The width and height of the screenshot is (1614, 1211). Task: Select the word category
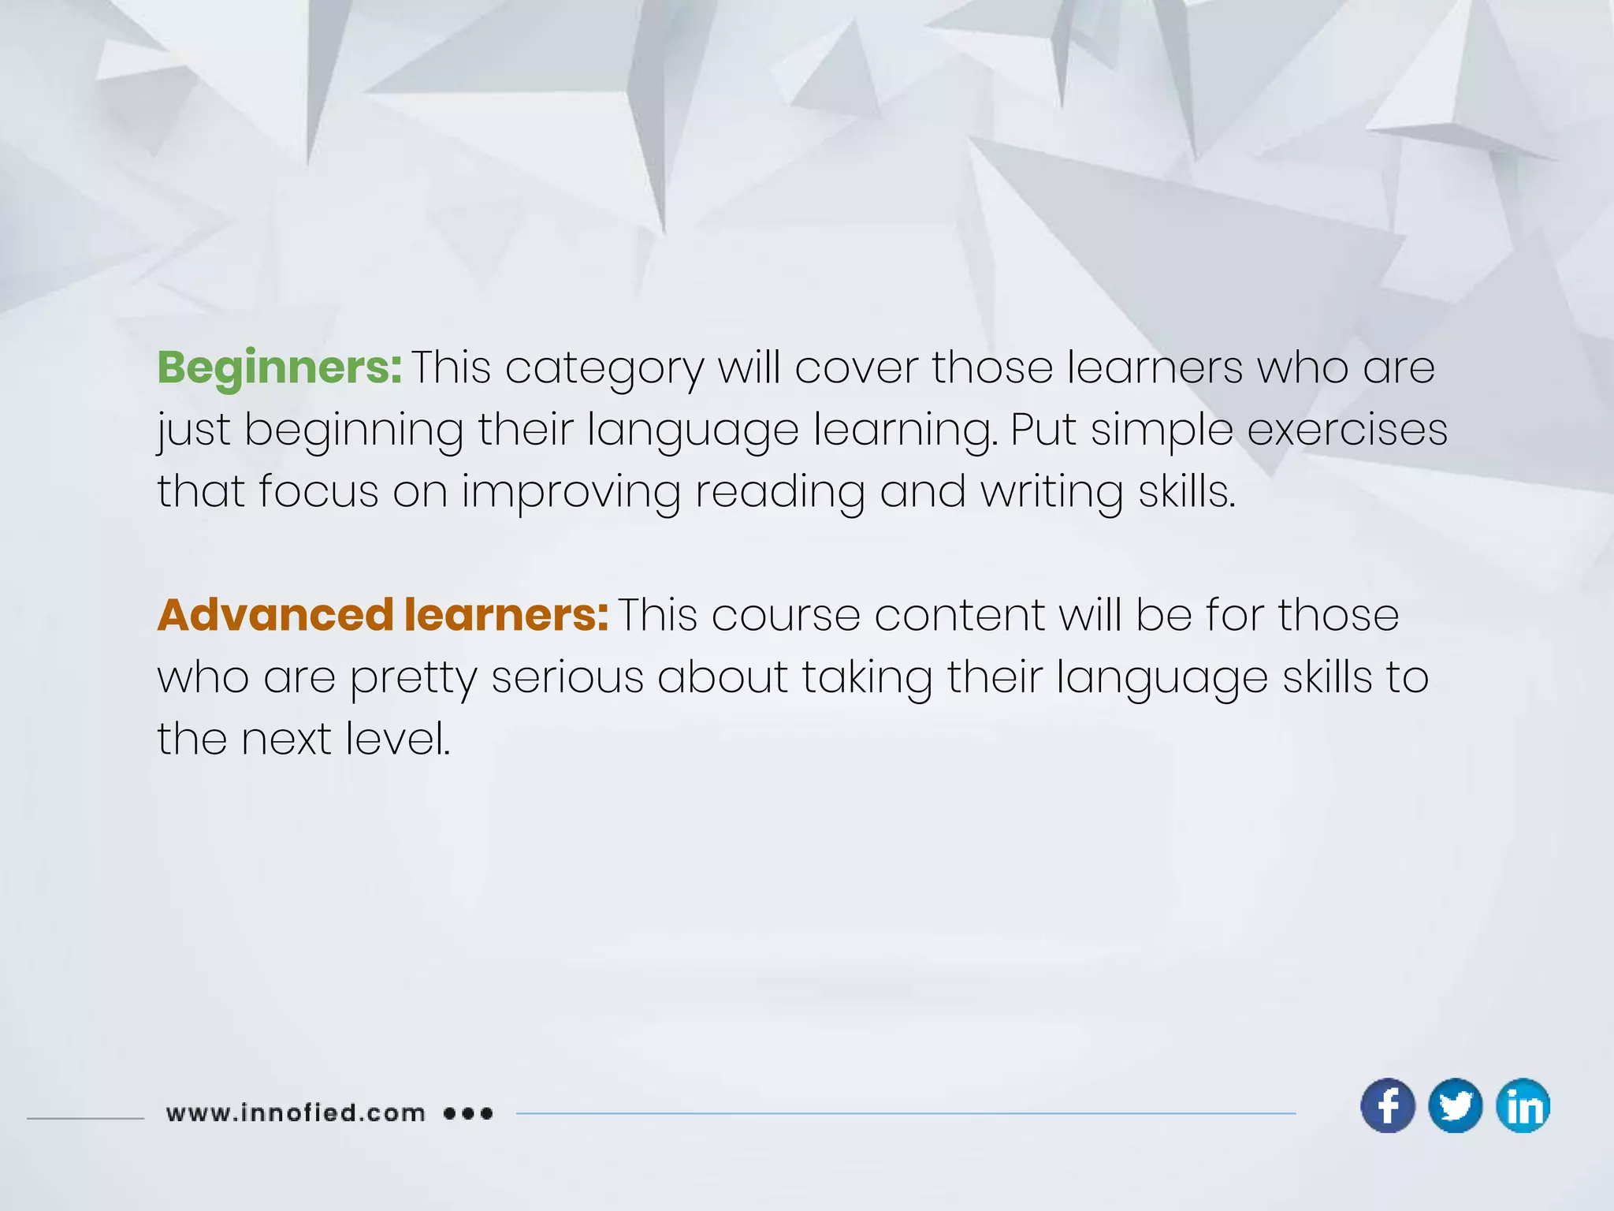coord(604,369)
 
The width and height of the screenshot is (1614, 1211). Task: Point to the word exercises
coord(1348,430)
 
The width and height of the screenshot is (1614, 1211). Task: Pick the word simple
coord(1162,431)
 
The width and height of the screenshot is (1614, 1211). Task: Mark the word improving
coord(571,493)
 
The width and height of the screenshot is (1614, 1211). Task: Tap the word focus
coord(318,491)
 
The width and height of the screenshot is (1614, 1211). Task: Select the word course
coord(786,616)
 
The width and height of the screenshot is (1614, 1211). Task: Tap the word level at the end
coord(398,739)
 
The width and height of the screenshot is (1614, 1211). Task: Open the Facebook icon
coord(1388,1105)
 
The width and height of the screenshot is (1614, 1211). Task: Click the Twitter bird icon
coord(1455,1105)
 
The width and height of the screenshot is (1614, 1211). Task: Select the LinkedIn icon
coord(1523,1105)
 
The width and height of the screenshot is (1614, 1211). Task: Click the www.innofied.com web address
coord(296,1113)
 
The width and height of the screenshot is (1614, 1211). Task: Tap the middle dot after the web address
coord(468,1113)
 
